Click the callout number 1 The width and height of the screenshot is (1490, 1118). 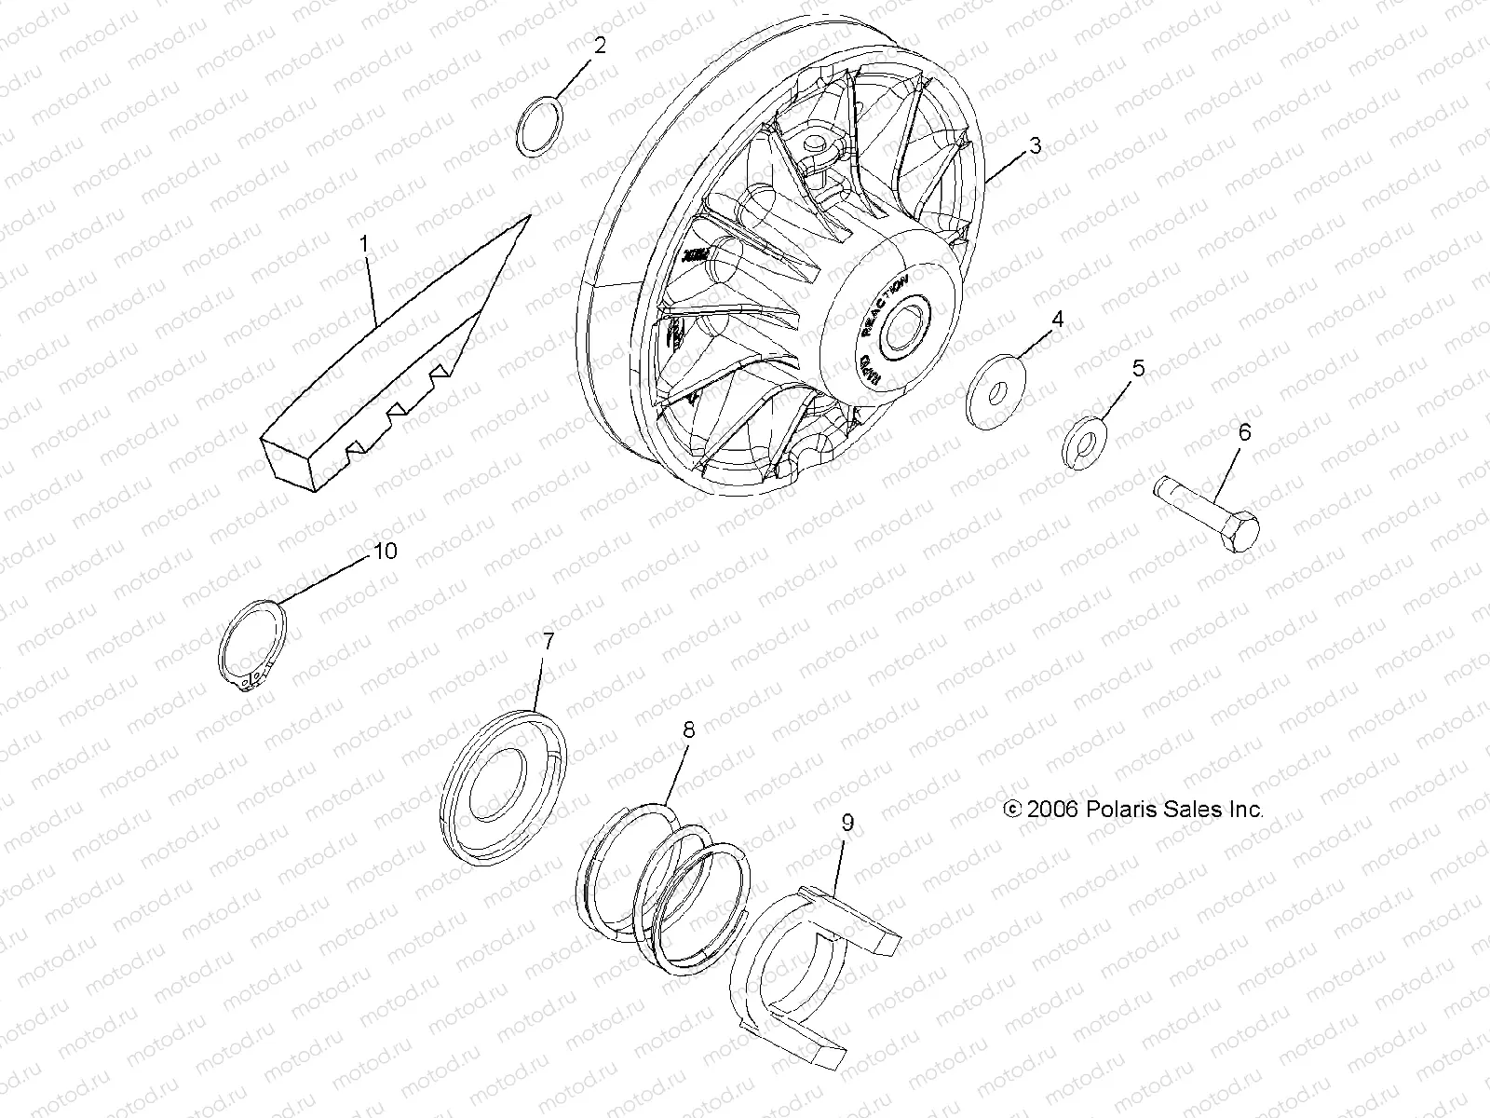[364, 244]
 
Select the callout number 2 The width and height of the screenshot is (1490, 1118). [600, 46]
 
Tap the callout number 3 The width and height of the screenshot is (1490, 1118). [1035, 146]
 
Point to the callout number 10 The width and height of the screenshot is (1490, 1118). [385, 551]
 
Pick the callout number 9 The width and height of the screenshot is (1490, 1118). [847, 823]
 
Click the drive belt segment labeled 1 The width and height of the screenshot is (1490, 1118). [391, 363]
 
